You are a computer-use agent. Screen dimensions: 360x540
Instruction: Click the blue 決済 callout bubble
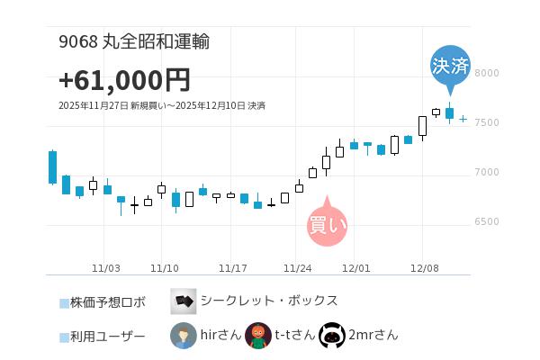pyautogui.click(x=450, y=65)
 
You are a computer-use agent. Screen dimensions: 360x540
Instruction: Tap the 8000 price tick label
pyautogui.click(x=487, y=73)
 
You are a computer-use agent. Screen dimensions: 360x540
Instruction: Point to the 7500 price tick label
pyautogui.click(x=487, y=122)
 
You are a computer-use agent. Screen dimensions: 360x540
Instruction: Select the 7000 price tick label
pyautogui.click(x=487, y=172)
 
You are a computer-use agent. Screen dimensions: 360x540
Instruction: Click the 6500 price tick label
pyautogui.click(x=487, y=221)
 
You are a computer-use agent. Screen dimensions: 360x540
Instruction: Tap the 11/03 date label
pyautogui.click(x=106, y=268)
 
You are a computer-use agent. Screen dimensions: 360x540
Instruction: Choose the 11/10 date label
pyautogui.click(x=165, y=268)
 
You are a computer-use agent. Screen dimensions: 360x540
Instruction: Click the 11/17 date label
pyautogui.click(x=233, y=268)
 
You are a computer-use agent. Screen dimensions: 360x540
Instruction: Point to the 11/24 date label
pyautogui.click(x=298, y=268)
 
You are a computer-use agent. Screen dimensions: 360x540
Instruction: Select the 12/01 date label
pyautogui.click(x=356, y=268)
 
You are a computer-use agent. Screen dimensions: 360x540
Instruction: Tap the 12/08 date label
pyautogui.click(x=424, y=268)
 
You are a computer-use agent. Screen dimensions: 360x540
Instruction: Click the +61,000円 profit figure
pyautogui.click(x=124, y=80)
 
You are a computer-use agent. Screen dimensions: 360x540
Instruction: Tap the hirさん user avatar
pyautogui.click(x=184, y=336)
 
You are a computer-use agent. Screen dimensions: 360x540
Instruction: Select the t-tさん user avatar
pyautogui.click(x=258, y=336)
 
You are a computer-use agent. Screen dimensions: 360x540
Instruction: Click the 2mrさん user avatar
pyautogui.click(x=332, y=336)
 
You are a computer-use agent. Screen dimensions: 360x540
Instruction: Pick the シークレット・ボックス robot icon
pyautogui.click(x=184, y=301)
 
